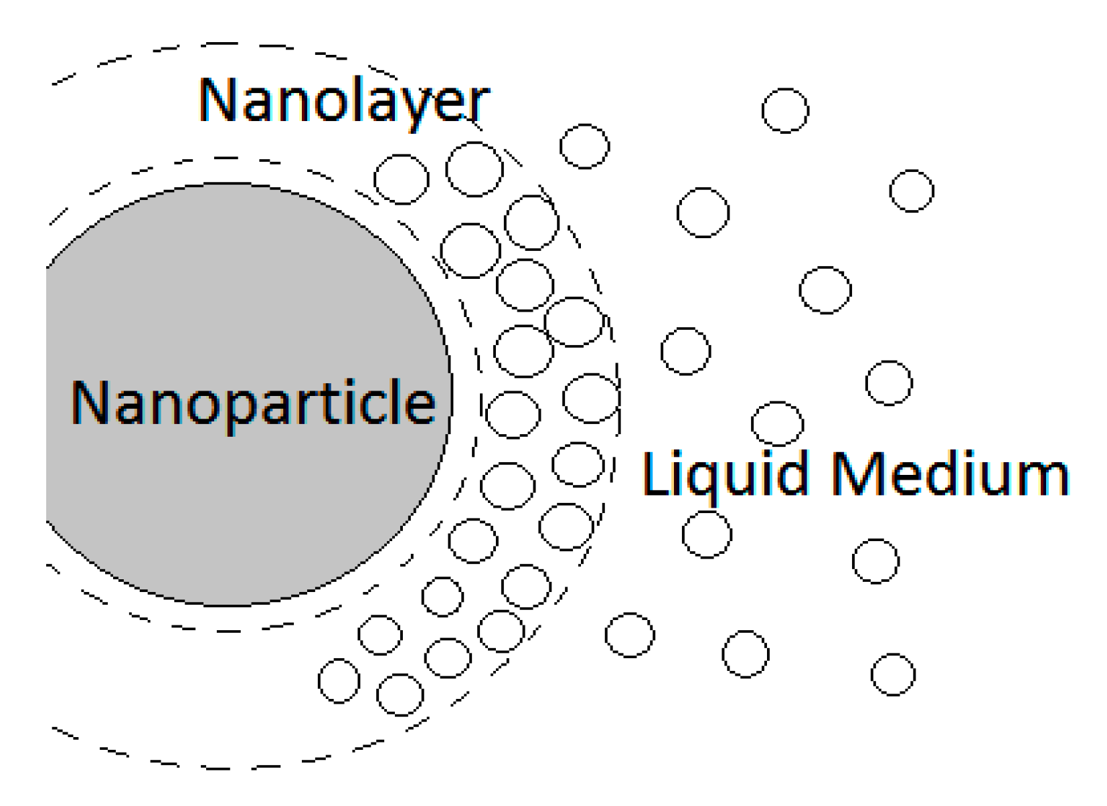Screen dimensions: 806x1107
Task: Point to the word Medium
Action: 950,474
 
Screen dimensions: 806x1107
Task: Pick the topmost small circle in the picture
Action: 785,110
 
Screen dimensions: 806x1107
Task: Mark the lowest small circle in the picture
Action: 400,695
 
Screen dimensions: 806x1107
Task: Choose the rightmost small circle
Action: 912,191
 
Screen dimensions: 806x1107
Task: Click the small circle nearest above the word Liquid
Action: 777,423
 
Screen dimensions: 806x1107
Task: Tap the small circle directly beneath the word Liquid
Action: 707,534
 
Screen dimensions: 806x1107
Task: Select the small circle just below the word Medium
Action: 875,561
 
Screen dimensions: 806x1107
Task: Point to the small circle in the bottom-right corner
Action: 893,674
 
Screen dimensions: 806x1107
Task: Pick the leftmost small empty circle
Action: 339,681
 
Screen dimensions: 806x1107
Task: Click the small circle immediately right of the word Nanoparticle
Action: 513,415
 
